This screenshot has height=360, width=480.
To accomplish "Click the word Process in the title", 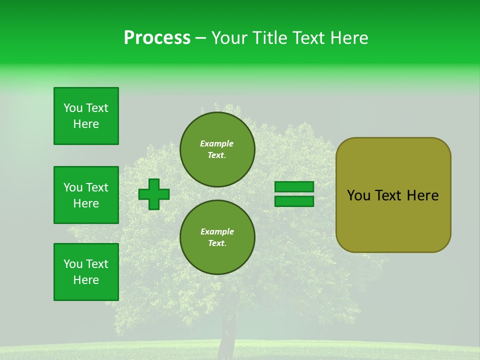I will [157, 38].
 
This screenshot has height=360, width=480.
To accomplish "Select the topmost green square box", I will [86, 116].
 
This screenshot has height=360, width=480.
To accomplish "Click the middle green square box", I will [86, 195].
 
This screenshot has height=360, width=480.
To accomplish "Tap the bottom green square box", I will [86, 272].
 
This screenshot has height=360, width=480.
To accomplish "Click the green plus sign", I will [154, 194].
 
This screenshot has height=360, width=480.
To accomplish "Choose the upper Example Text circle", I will [217, 149].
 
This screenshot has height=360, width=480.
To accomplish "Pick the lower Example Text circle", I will [217, 237].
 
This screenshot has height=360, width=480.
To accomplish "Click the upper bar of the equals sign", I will [294, 187].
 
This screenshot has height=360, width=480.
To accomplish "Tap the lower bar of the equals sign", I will [294, 201].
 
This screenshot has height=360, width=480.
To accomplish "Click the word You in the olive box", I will [359, 195].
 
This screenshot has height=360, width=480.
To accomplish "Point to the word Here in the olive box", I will [422, 195].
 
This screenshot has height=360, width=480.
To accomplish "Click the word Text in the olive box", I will [389, 195].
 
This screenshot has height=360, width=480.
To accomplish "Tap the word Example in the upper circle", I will [216, 143].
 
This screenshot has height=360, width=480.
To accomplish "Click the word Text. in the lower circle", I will [217, 243].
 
